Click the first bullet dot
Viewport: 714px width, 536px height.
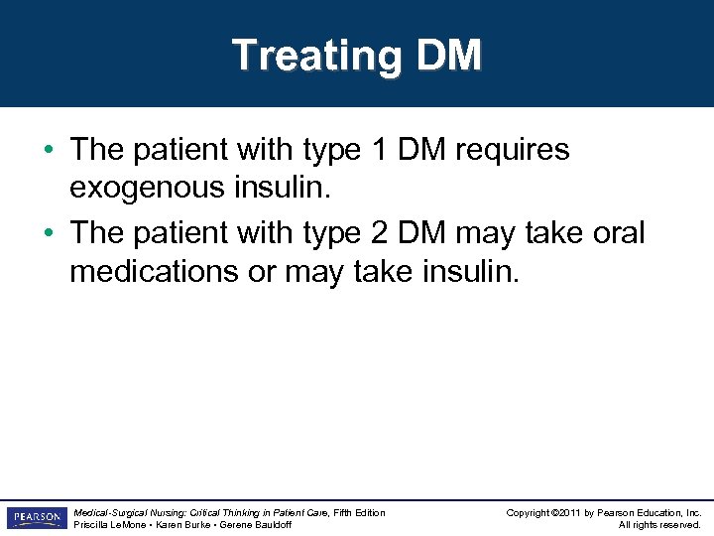coord(49,151)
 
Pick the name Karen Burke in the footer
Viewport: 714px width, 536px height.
coord(181,525)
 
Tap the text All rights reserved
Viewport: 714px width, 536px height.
coord(659,525)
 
